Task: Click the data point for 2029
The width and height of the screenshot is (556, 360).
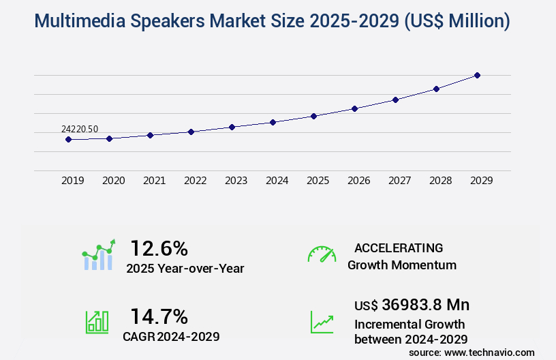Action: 477,75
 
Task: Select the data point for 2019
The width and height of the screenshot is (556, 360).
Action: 68,139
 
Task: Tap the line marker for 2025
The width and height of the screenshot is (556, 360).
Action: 313,116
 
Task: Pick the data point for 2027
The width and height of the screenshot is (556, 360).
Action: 395,100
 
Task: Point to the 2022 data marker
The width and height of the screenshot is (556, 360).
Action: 191,132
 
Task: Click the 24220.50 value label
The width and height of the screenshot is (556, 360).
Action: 80,129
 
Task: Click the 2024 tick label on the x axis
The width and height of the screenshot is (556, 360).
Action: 277,181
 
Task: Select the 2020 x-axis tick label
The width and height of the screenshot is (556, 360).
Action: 113,181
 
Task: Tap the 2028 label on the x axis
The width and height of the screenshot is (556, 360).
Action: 440,181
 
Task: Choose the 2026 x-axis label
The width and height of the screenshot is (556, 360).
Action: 358,181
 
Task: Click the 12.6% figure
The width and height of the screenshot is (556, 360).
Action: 159,248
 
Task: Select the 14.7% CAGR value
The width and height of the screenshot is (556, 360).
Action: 159,316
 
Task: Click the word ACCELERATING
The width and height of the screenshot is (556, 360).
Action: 399,248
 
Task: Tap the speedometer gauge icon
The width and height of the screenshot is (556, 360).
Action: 322,254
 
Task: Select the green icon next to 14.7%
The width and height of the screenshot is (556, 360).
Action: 97,322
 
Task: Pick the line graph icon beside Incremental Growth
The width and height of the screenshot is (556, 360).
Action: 322,322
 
